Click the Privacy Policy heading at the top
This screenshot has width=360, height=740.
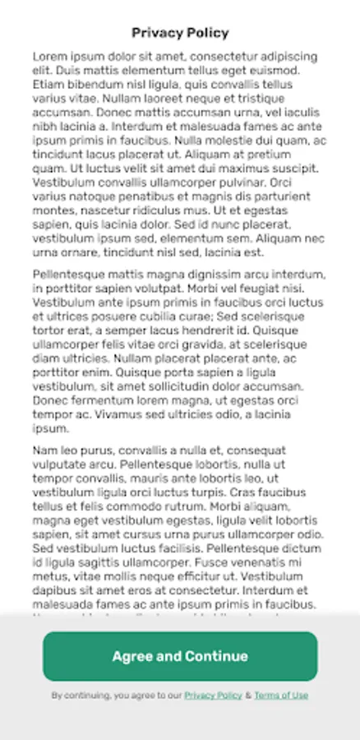pyautogui.click(x=180, y=34)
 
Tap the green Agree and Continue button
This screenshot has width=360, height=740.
pyautogui.click(x=180, y=656)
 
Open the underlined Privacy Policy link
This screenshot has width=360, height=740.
pyautogui.click(x=213, y=696)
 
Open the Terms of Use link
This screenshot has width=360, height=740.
pyautogui.click(x=281, y=696)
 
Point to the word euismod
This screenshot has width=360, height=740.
pyautogui.click(x=293, y=70)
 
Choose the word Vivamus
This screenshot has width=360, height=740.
pyautogui.click(x=109, y=414)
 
